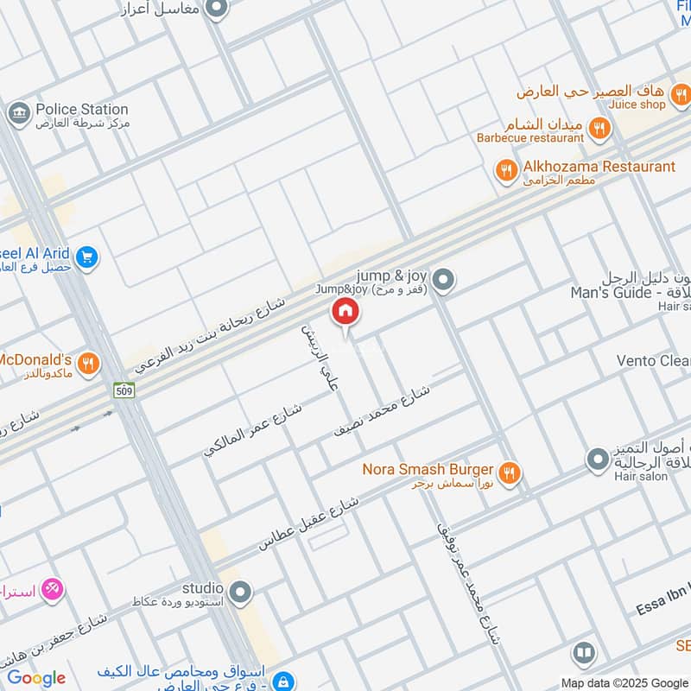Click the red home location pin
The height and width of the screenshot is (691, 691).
[x=345, y=312]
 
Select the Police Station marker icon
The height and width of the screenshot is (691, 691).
[x=17, y=113]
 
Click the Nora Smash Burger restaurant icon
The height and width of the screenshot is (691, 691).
[x=510, y=472]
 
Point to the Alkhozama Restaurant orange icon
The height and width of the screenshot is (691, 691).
[x=507, y=169]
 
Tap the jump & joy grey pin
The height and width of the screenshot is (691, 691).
[x=444, y=279]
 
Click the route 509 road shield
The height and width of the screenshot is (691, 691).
[x=123, y=390]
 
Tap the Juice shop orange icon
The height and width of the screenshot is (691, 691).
[x=681, y=94]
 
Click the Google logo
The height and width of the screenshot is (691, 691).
[x=36, y=678]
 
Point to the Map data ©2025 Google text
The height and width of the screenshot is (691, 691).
[x=624, y=682]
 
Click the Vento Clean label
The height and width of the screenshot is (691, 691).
[x=653, y=360]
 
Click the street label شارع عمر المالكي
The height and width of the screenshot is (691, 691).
[x=253, y=429]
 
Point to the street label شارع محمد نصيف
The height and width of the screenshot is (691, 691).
[x=383, y=409]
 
